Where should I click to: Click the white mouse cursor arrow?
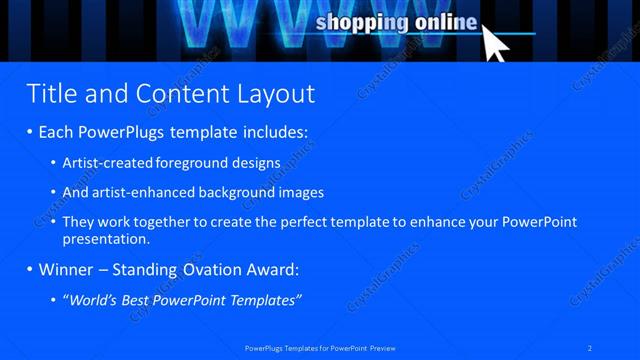pos(496,43)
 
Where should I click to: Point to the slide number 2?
pos(590,348)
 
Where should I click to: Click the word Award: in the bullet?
pos(269,270)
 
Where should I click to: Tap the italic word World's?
pos(91,300)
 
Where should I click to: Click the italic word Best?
pos(139,300)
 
